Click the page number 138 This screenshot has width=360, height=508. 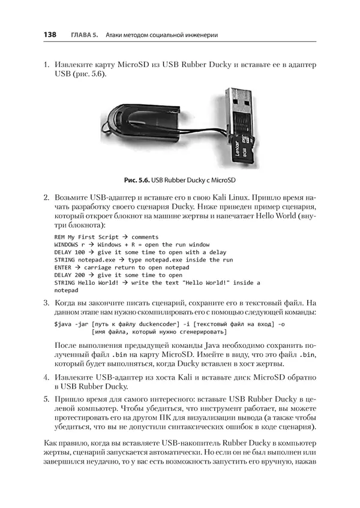pos(49,35)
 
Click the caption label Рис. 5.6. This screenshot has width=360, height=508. pos(137,180)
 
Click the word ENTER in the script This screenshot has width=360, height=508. pos(62,267)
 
